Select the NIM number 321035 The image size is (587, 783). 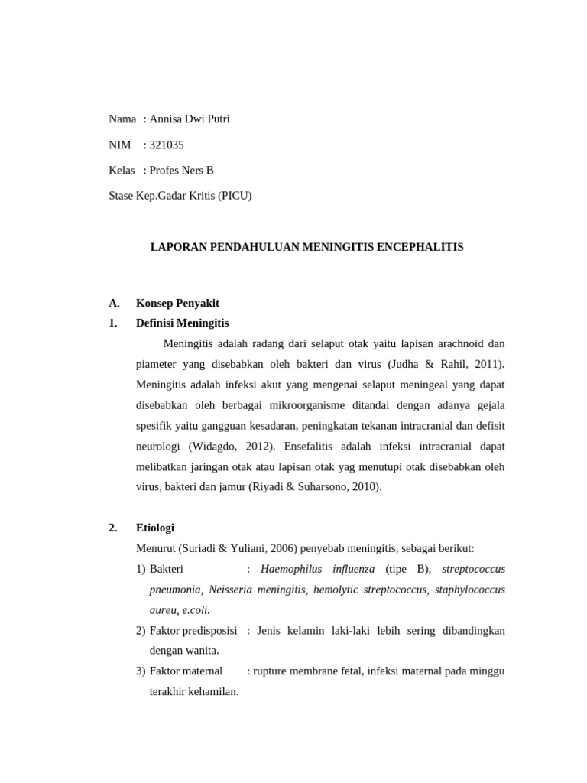tap(167, 145)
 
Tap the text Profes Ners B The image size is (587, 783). tap(182, 171)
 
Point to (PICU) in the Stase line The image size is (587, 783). tap(234, 196)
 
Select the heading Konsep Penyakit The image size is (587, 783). tap(177, 303)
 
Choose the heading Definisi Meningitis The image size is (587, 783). tap(182, 323)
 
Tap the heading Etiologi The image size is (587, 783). tap(155, 528)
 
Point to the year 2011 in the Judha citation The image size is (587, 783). tap(486, 364)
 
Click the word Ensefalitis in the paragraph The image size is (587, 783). tap(319, 446)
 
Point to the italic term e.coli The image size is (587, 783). tap(196, 610)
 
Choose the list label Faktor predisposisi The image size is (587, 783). tap(193, 631)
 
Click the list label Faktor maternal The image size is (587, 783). tap(186, 671)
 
